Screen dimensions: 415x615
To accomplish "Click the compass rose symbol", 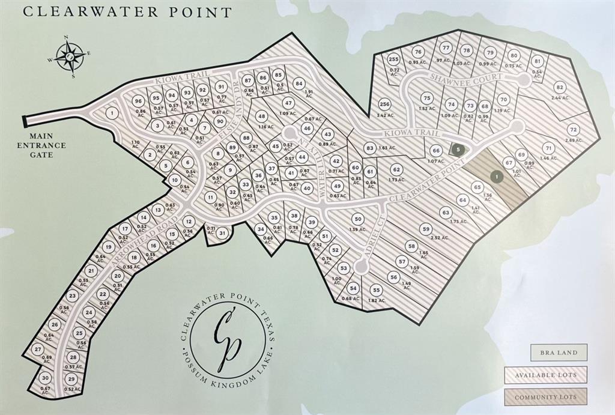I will [x=70, y=57].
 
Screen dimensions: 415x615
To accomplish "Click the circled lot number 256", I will [x=385, y=104].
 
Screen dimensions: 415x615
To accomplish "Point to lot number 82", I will [x=560, y=86].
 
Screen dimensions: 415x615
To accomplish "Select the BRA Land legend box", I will [x=559, y=353].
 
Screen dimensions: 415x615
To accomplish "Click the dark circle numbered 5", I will [x=459, y=148].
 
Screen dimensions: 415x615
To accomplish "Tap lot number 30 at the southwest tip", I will [x=45, y=378].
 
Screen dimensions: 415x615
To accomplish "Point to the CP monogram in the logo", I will [x=228, y=339].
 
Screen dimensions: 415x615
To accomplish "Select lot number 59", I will [x=426, y=228].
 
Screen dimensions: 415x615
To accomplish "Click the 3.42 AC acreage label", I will [x=384, y=115].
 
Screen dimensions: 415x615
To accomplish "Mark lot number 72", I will [x=573, y=130].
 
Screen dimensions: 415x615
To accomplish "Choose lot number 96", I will [x=139, y=101].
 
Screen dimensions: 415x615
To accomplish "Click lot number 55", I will [x=377, y=289].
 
